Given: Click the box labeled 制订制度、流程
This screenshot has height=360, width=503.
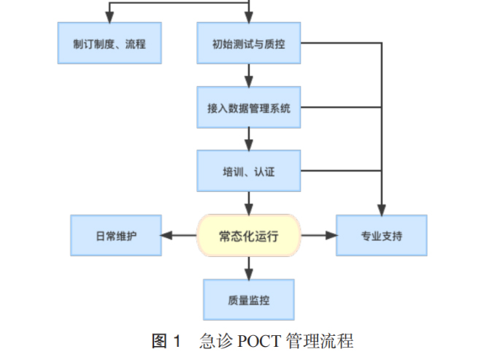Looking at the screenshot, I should click(109, 44).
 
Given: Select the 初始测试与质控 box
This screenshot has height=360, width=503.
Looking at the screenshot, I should click(249, 44).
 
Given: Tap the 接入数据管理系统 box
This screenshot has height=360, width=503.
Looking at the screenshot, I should click(249, 108).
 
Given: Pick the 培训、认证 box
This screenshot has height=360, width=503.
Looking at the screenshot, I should click(249, 172).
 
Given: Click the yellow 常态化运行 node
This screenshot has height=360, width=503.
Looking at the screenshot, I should click(249, 235).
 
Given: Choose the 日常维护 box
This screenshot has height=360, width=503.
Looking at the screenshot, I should click(116, 235).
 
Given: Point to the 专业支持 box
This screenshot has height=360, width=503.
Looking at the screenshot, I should click(381, 235).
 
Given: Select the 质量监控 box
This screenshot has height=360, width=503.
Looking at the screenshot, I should click(249, 299).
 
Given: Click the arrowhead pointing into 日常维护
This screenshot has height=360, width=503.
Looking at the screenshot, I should click(166, 235).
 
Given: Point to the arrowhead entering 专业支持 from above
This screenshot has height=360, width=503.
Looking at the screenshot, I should click(381, 209).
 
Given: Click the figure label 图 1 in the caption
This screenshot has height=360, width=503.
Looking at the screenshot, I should click(166, 340).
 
